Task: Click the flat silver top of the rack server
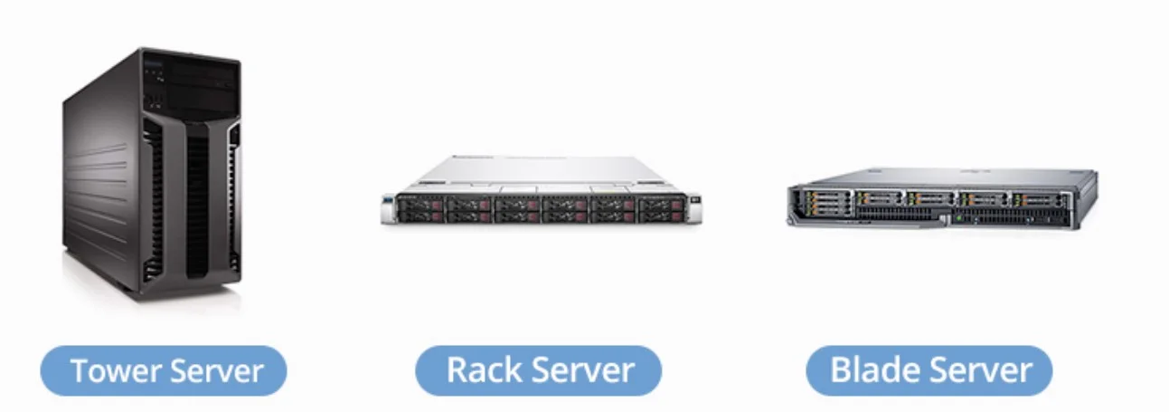click(542, 172)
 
